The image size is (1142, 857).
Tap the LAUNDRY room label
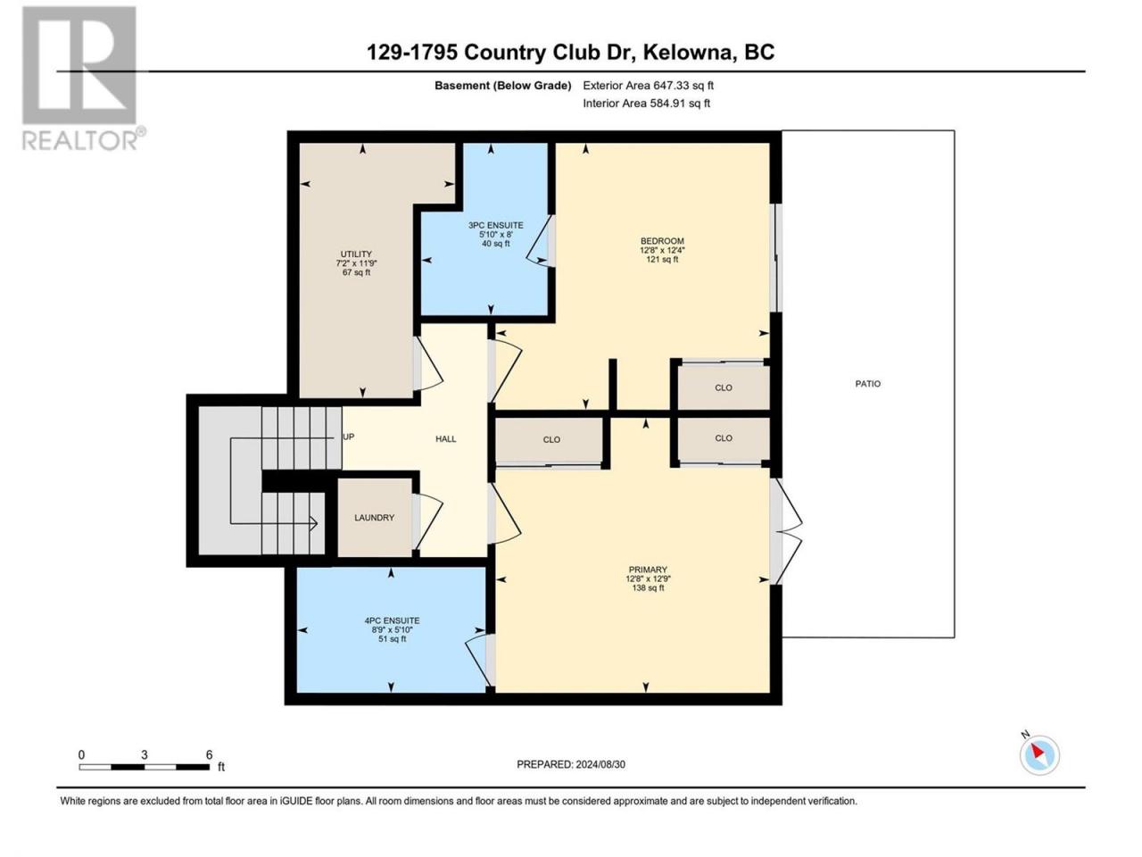(374, 518)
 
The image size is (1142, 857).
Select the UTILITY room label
(356, 254)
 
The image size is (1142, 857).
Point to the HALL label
(446, 439)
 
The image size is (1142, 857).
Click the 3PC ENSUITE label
(496, 225)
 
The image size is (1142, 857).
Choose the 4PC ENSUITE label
(392, 620)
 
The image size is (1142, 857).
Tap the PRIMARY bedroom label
(648, 570)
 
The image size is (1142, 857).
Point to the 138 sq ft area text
(648, 588)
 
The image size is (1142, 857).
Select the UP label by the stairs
(349, 437)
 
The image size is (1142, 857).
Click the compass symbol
(1039, 754)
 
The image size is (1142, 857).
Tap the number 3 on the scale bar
(145, 754)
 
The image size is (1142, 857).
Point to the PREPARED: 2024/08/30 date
(571, 764)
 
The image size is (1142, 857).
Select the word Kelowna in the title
(683, 52)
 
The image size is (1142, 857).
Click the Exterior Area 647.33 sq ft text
(649, 86)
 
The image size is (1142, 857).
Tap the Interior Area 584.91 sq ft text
(646, 103)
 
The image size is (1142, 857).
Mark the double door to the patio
(786, 531)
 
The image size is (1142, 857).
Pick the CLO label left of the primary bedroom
(551, 440)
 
